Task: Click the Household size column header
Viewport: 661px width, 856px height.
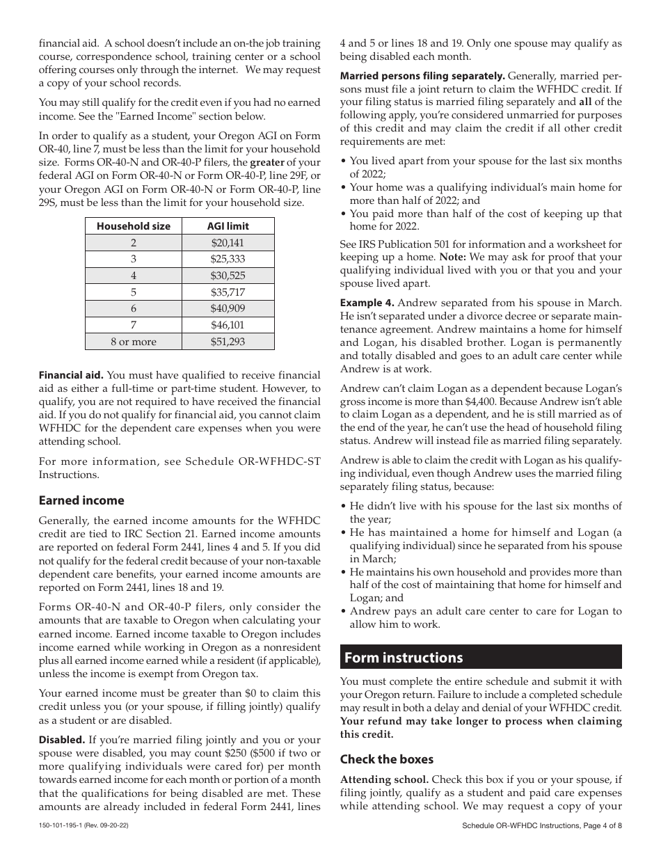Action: click(x=133, y=226)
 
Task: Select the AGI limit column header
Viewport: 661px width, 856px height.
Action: click(x=228, y=226)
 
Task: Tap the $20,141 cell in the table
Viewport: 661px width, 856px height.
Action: click(x=228, y=243)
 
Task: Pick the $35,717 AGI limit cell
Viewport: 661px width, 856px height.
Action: click(x=228, y=292)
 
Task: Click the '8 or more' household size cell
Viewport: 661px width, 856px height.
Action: click(x=133, y=342)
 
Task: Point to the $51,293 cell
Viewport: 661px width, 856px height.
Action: click(x=228, y=342)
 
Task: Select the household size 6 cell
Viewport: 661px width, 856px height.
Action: click(x=133, y=308)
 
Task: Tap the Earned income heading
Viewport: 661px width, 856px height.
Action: click(x=81, y=500)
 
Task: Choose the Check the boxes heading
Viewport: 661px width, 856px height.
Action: click(x=386, y=759)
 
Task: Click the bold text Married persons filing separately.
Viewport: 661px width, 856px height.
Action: click(x=422, y=76)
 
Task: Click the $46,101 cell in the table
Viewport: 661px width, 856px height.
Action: click(x=228, y=325)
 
